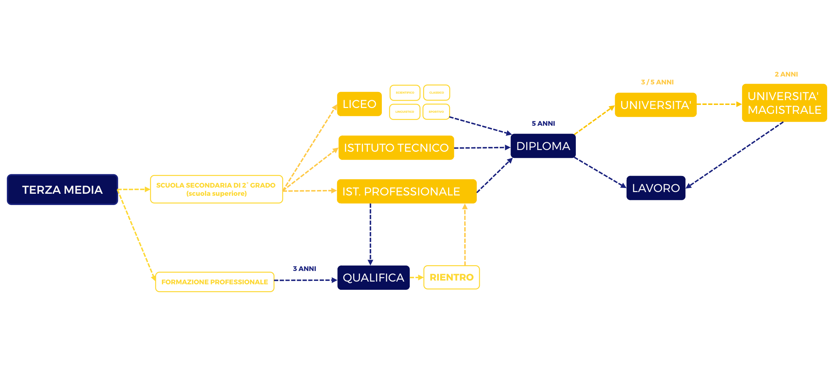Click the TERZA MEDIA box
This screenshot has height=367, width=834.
62,190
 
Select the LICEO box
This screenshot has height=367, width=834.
359,104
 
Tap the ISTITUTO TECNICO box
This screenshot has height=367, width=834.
396,148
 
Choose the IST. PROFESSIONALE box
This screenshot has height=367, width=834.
406,191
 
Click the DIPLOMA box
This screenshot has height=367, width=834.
543,146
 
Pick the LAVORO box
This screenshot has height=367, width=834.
656,188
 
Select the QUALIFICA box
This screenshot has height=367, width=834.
373,277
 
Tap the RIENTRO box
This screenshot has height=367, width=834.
451,277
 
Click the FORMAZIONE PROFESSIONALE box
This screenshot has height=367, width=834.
214,282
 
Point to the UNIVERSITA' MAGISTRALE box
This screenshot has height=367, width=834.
784,103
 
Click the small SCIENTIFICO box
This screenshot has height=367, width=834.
405,93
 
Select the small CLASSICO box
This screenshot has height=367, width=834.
436,93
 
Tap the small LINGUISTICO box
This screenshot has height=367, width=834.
405,112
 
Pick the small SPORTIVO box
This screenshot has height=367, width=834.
436,112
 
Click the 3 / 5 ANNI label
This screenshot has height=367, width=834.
657,82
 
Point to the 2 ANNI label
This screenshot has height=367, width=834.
786,74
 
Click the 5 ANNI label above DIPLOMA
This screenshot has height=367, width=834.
543,123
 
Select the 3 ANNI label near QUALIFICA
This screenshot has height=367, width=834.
304,269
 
